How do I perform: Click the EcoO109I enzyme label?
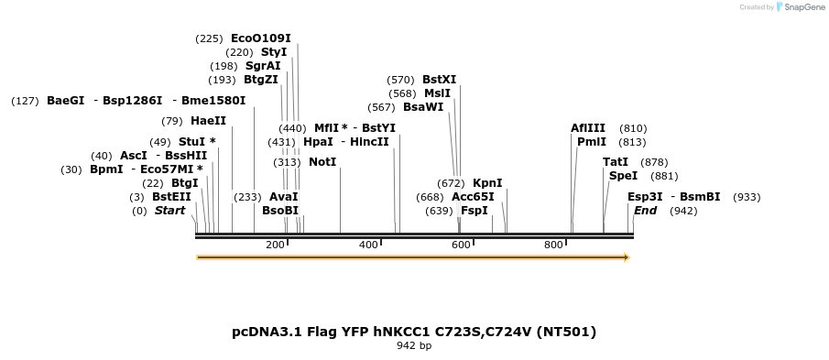pyautogui.click(x=260, y=38)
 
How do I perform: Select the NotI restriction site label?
pyautogui.click(x=322, y=162)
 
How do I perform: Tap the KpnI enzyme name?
pyautogui.click(x=486, y=183)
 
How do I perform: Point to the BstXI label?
pyautogui.click(x=439, y=80)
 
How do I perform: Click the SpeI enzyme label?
pyautogui.click(x=623, y=176)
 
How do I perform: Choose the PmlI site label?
pyautogui.click(x=591, y=142)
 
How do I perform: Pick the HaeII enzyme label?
pyautogui.click(x=208, y=121)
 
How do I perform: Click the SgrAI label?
pyautogui.click(x=263, y=66)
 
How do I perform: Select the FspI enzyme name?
pyautogui.click(x=474, y=211)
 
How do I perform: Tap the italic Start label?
pyautogui.click(x=169, y=211)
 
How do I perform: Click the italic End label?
pyautogui.click(x=645, y=211)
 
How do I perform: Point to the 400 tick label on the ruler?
pyautogui.click(x=368, y=245)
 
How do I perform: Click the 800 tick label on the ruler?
pyautogui.click(x=553, y=245)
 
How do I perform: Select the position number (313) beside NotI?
pyautogui.click(x=287, y=162)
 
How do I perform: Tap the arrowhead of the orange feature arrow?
pyautogui.click(x=627, y=258)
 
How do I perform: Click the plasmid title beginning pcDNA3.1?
pyautogui.click(x=414, y=332)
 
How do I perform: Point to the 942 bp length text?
pyautogui.click(x=414, y=346)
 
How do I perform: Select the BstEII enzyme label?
pyautogui.click(x=171, y=197)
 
